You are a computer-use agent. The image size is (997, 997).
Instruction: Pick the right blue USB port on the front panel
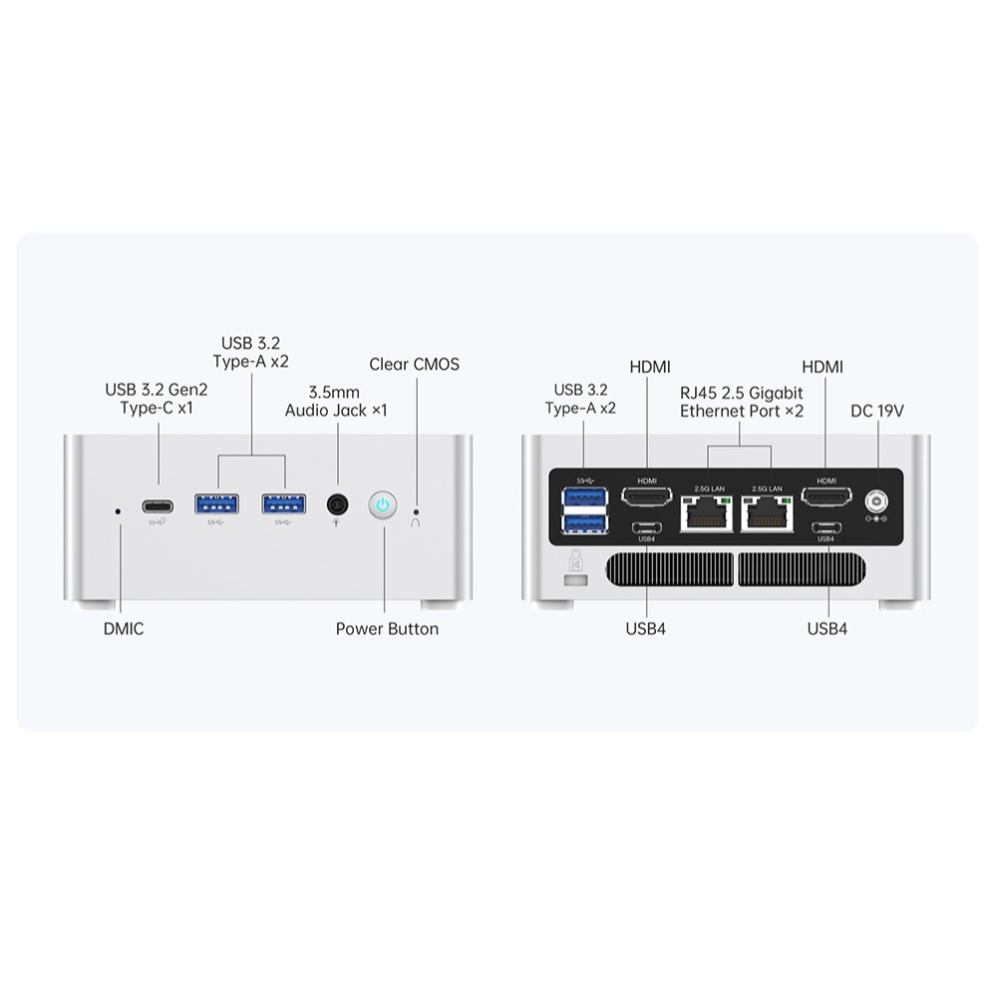point(284,504)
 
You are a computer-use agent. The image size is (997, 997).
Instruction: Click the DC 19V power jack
point(878,499)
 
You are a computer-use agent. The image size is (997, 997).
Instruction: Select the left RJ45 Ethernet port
point(707,512)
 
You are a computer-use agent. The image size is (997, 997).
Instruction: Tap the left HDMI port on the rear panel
point(647,496)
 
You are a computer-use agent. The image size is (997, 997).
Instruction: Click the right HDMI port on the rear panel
point(827,496)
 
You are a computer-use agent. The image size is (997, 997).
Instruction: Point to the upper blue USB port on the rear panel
point(585,496)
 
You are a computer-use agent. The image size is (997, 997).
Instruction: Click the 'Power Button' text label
point(387,629)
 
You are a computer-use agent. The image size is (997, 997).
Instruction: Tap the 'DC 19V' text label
point(877,410)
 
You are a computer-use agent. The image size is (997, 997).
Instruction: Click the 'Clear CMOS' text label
point(415,364)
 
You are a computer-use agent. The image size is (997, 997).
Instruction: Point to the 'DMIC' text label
point(124,629)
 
